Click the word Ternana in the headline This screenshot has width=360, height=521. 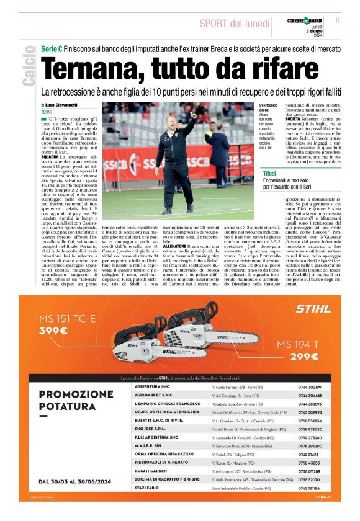pos(102,68)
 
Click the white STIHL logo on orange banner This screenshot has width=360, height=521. pos(313,308)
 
